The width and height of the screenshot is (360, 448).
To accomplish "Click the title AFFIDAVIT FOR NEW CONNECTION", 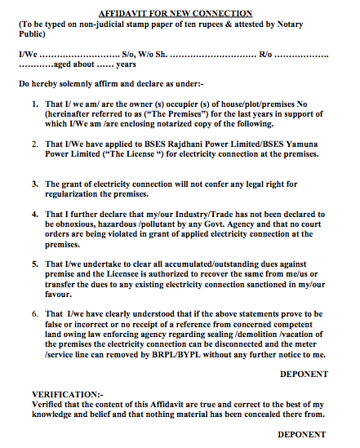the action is click(x=176, y=14).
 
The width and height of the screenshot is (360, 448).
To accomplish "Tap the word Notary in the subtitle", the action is click(x=306, y=25).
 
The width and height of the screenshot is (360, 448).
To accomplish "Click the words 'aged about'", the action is click(x=74, y=64).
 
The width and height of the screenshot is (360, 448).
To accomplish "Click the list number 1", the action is click(x=35, y=105).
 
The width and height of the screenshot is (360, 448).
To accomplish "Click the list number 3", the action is click(x=35, y=184).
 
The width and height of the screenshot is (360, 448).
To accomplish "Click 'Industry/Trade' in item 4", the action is click(x=196, y=213).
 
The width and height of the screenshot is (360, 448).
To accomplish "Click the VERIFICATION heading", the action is click(x=56, y=396).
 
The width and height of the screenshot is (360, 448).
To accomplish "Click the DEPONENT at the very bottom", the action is click(x=302, y=435).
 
